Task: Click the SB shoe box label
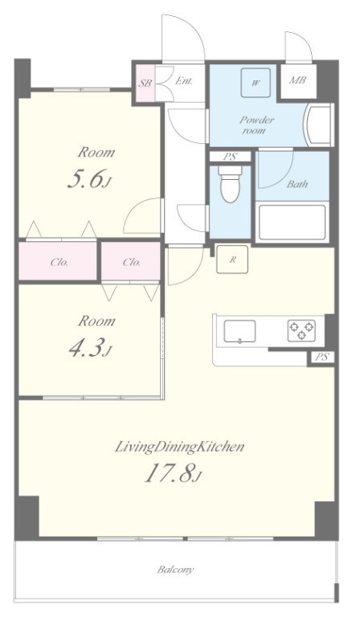[x=145, y=84]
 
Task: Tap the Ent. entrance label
[x=184, y=81]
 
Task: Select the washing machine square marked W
[x=256, y=83]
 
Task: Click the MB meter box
[x=298, y=80]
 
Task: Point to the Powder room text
[x=256, y=125]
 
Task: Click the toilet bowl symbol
[x=230, y=185]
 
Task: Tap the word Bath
[x=297, y=184]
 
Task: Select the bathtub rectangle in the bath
[x=292, y=222]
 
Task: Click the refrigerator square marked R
[x=232, y=259]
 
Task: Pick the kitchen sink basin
[x=239, y=331]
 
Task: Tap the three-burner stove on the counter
[x=301, y=330]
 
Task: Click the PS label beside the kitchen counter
[x=322, y=358]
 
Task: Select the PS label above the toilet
[x=230, y=157]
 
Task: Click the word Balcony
[x=175, y=570]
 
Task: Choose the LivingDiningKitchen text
[x=180, y=447]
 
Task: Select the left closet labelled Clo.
[x=58, y=261]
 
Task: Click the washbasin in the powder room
[x=319, y=125]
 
